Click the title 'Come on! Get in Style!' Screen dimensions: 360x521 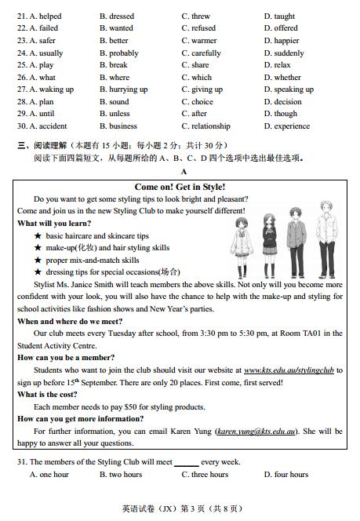(x=180, y=187)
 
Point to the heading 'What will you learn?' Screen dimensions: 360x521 (x=49, y=224)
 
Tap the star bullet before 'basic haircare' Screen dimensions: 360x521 (x=38, y=236)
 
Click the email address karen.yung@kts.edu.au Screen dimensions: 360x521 (x=256, y=431)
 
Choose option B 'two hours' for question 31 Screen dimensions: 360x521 (x=121, y=475)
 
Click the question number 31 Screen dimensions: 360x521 (x=22, y=462)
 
